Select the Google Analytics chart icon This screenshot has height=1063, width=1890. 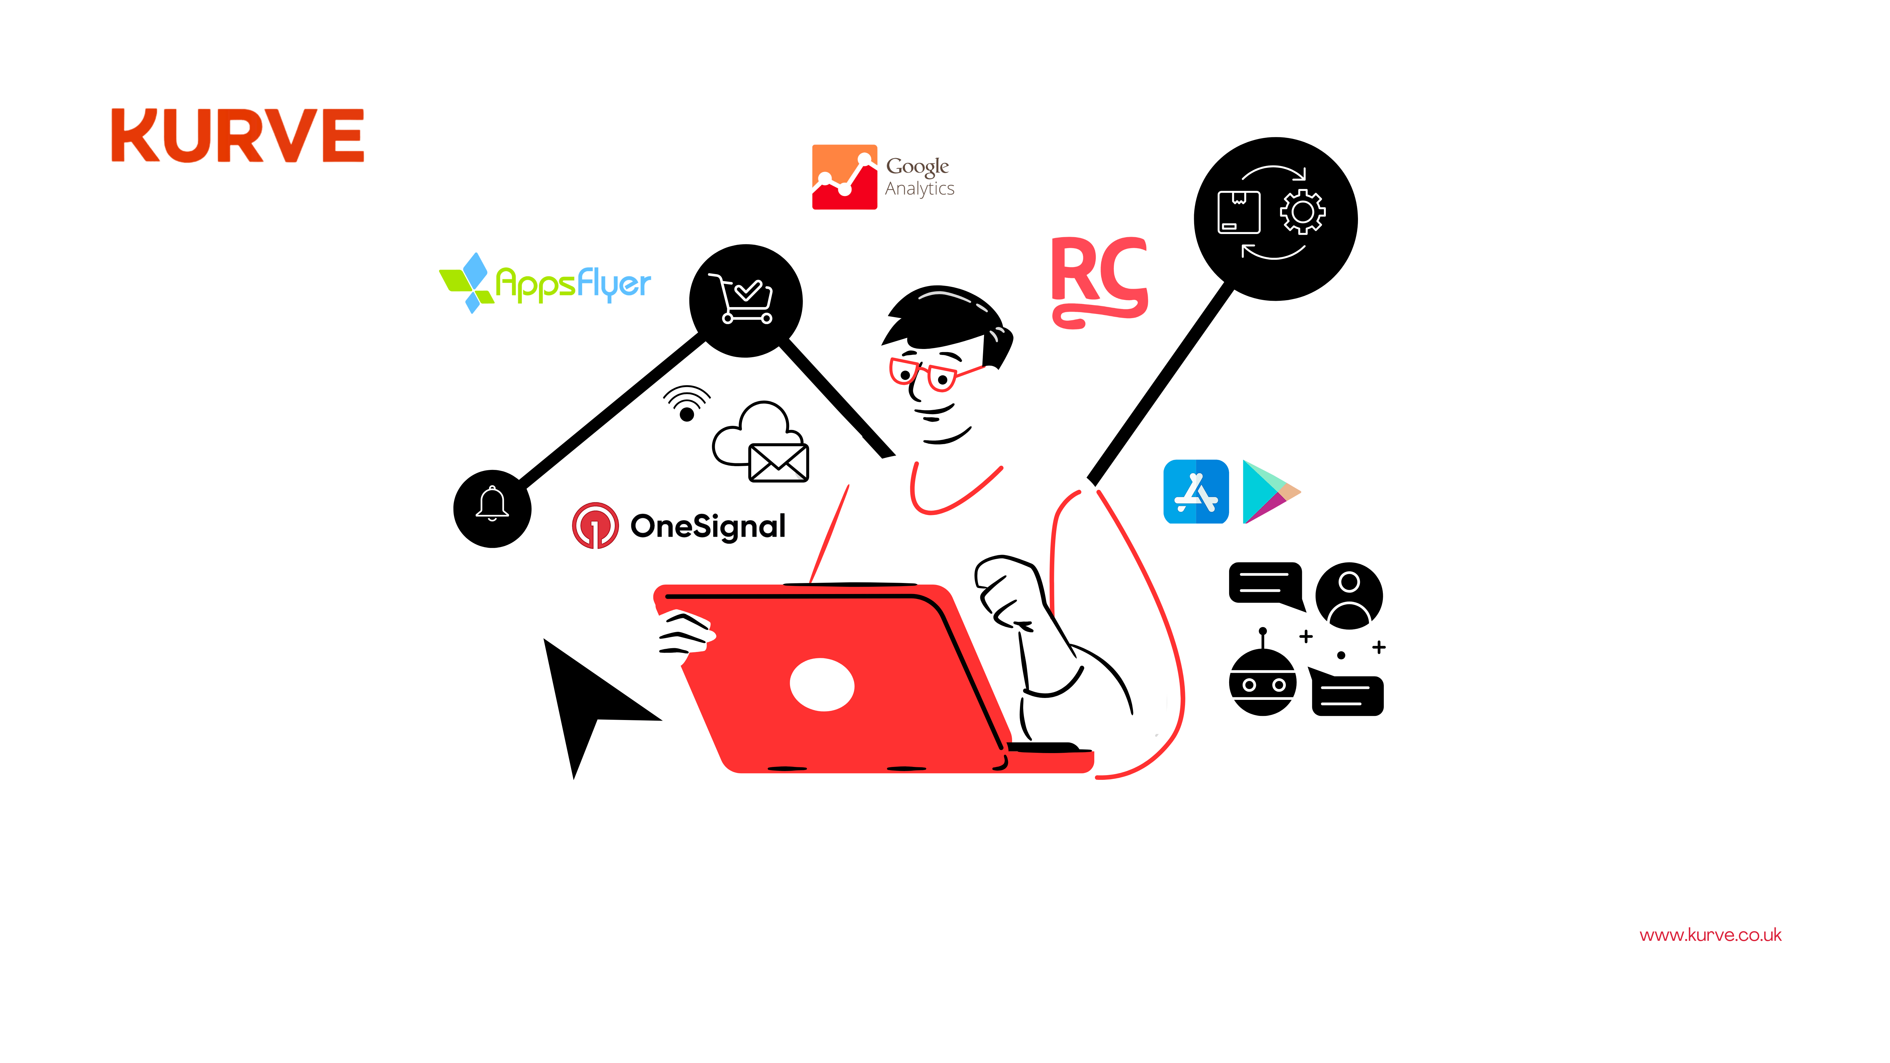844,177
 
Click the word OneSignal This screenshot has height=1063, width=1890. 708,526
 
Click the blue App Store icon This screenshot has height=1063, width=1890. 1196,492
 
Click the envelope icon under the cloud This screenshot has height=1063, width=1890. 778,462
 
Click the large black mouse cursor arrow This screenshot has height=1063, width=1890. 587,697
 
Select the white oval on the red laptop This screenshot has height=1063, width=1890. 822,684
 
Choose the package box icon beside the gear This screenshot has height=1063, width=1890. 1239,212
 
